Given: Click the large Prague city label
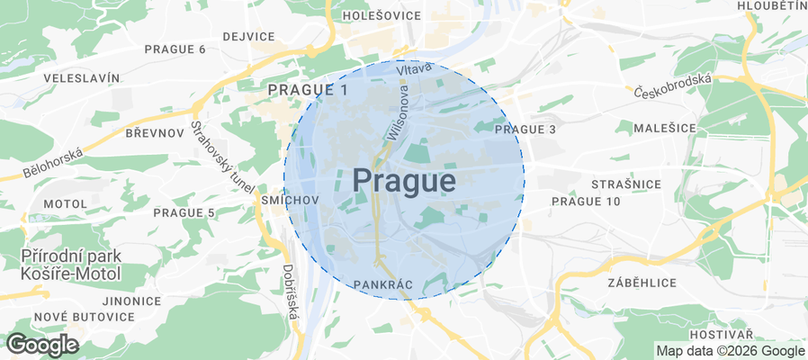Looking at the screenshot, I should click(403, 181).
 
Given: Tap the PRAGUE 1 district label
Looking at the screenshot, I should click(307, 90).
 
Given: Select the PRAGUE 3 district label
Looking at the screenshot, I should click(526, 130).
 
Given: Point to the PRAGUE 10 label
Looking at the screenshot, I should click(586, 201).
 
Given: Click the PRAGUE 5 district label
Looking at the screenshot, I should click(184, 212).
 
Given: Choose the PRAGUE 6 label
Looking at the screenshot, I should click(175, 49).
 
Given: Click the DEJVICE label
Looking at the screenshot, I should click(248, 36).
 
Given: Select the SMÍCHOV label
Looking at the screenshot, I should click(288, 199).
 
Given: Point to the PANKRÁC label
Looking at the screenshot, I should click(383, 284).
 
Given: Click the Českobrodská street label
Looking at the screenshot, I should click(672, 85).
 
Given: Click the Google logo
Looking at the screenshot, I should click(42, 344).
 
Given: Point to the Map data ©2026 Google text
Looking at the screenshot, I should click(730, 350).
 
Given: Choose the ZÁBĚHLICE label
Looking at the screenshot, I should click(642, 282).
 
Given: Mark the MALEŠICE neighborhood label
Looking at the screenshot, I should click(665, 129).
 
